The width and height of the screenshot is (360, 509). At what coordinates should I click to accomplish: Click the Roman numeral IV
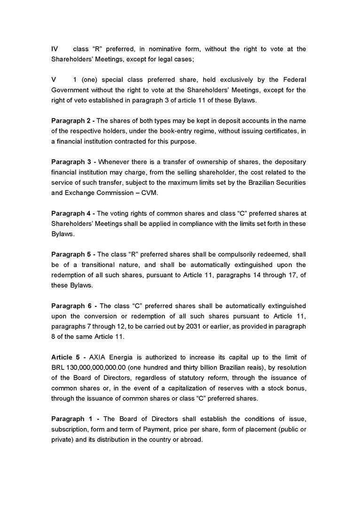[x=54, y=49]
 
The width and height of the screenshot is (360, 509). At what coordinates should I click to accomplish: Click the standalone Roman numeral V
[x=54, y=80]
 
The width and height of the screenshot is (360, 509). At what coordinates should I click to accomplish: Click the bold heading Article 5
[x=66, y=357]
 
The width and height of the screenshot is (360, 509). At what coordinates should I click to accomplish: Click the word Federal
[x=294, y=80]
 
